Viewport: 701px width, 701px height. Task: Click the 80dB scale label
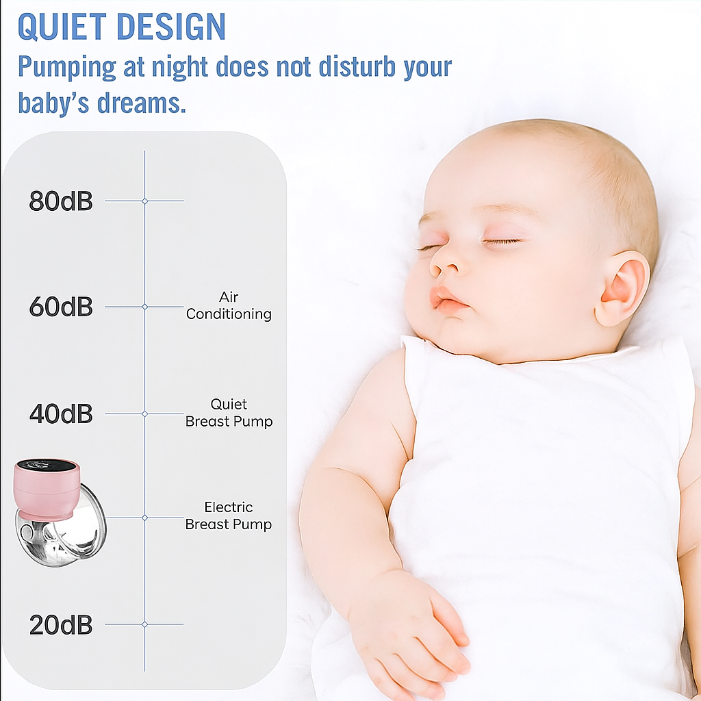[x=61, y=201]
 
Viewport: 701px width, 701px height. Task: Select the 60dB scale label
[x=61, y=307]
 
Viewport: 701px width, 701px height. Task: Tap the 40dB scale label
[x=61, y=413]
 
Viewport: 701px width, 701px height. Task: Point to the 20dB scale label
[x=61, y=624]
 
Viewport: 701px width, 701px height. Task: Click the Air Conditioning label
[x=229, y=306]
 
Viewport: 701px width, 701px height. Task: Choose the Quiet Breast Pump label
[x=229, y=413]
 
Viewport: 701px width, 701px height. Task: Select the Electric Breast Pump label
[x=229, y=515]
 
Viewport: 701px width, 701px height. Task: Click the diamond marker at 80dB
[x=145, y=201]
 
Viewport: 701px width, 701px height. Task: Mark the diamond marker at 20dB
[x=145, y=624]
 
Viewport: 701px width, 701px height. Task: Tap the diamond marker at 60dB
[x=145, y=307]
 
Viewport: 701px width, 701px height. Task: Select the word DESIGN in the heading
[x=170, y=27]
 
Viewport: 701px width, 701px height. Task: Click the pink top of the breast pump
[x=48, y=489]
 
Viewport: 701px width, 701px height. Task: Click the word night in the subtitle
[x=180, y=67]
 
